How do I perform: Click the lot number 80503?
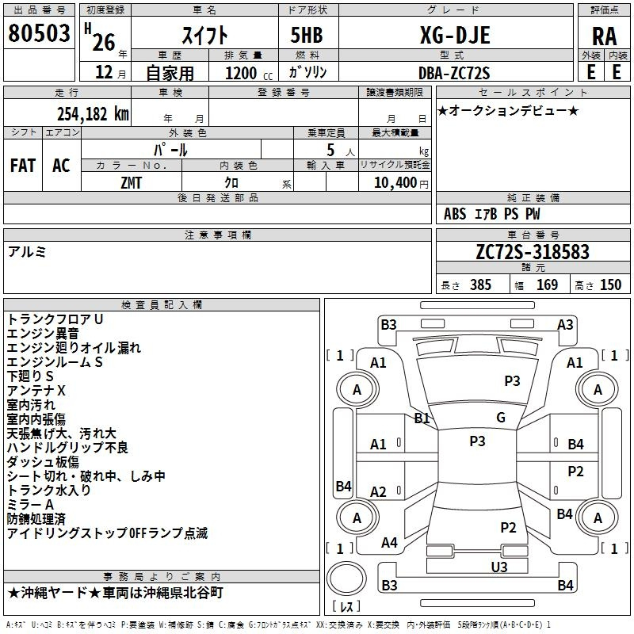(x=39, y=34)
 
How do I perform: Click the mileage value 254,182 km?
(x=92, y=113)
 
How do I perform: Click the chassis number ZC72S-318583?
(x=532, y=252)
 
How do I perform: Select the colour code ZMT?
(x=132, y=181)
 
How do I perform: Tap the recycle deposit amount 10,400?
(x=394, y=182)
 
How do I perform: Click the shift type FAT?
(x=23, y=166)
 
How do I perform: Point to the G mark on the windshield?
(x=501, y=418)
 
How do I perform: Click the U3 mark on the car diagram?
(x=498, y=566)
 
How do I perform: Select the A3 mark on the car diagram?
(x=565, y=324)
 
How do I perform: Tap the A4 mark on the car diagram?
(x=389, y=543)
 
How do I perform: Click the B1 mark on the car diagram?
(x=422, y=418)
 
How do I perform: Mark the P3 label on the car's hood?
(x=512, y=381)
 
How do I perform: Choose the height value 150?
(x=610, y=285)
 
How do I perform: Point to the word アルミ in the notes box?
(x=28, y=252)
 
